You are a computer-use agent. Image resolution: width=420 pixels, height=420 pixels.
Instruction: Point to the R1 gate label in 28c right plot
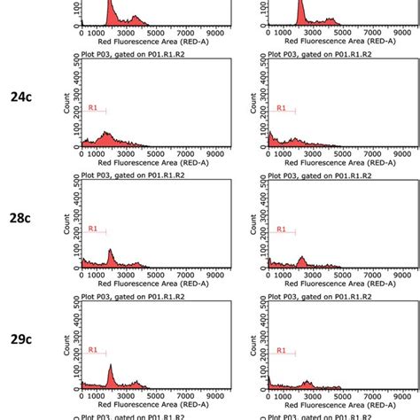click(x=282, y=229)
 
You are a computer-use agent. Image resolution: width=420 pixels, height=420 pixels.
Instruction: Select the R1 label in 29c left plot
click(x=92, y=350)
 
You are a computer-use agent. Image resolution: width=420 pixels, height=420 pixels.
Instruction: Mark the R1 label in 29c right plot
click(x=282, y=350)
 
